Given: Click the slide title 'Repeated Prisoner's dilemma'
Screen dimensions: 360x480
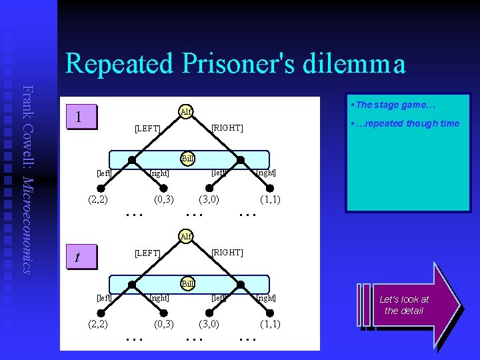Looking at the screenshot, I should pyautogui.click(x=235, y=64).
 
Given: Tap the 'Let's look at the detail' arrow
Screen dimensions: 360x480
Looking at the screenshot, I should pyautogui.click(x=408, y=305).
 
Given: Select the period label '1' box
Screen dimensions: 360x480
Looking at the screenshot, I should pyautogui.click(x=79, y=117).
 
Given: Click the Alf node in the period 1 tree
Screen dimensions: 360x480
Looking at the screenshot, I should pyautogui.click(x=186, y=111).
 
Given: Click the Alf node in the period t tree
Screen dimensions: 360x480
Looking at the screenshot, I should pyautogui.click(x=186, y=236).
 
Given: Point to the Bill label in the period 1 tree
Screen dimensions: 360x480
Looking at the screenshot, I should pyautogui.click(x=188, y=159).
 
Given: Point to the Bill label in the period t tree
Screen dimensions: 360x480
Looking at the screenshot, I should pyautogui.click(x=188, y=284).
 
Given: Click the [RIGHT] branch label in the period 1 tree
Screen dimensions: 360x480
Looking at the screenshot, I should pyautogui.click(x=227, y=127).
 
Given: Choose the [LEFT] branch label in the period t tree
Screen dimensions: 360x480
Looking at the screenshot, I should pyautogui.click(x=147, y=253).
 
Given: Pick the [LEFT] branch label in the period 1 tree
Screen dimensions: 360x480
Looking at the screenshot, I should pyautogui.click(x=147, y=128).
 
